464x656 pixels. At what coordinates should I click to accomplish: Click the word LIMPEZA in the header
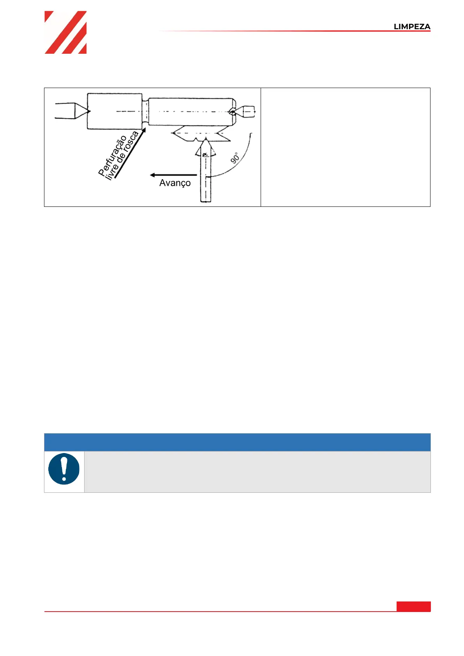(412, 26)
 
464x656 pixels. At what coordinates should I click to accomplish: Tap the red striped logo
(65, 32)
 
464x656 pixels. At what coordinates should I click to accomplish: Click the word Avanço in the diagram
(175, 183)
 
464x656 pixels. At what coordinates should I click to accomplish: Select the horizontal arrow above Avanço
(173, 175)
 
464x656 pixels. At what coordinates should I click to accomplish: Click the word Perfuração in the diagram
(113, 155)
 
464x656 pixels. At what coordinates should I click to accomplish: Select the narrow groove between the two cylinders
(145, 112)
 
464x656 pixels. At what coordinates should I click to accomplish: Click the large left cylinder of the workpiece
(114, 111)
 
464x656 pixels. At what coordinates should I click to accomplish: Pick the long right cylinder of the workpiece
(191, 111)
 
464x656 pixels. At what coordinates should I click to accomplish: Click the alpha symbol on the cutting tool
(205, 155)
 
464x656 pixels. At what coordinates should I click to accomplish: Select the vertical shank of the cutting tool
(206, 179)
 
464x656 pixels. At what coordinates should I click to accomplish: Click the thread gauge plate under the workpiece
(201, 134)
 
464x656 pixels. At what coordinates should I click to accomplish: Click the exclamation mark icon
(64, 469)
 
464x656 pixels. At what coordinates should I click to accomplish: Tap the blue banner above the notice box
(237, 442)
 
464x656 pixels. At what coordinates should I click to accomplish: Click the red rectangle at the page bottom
(413, 606)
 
